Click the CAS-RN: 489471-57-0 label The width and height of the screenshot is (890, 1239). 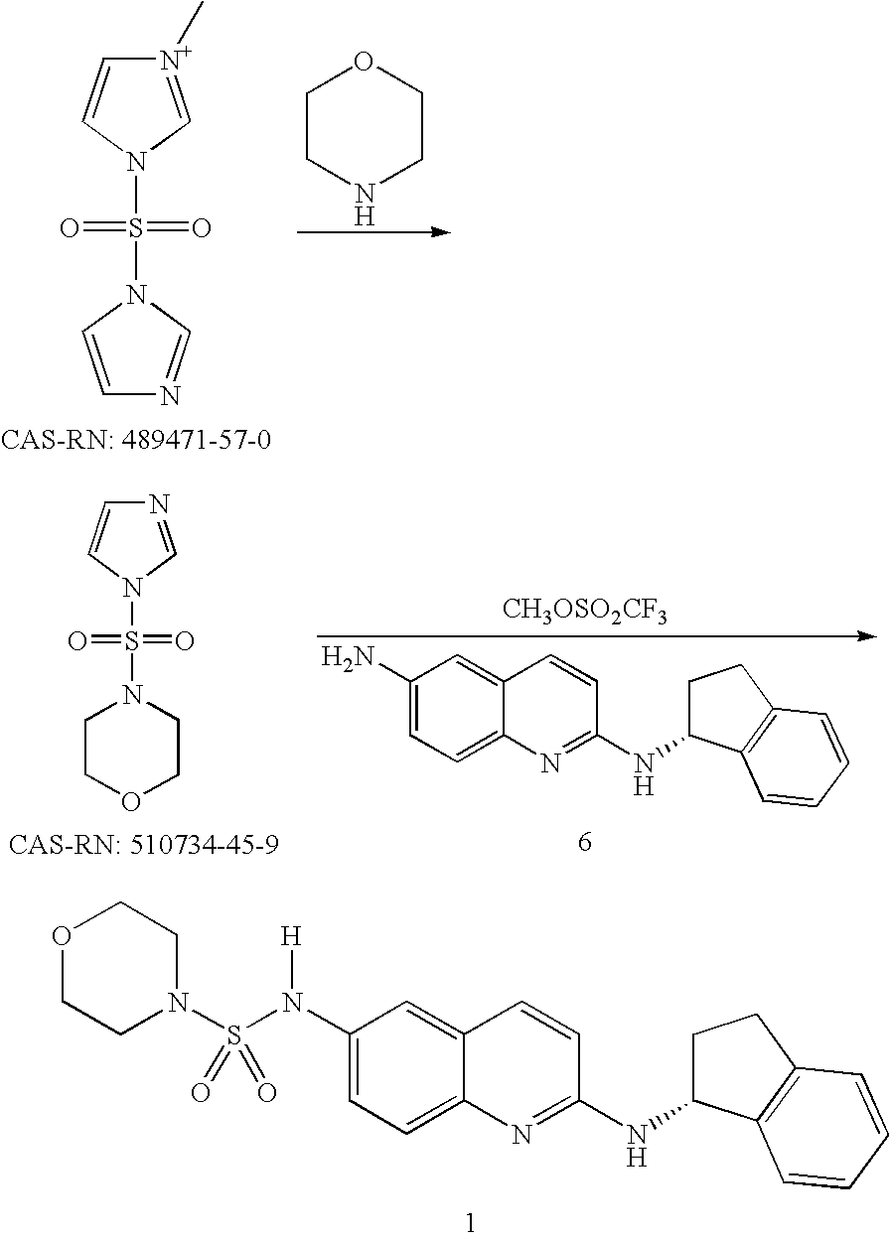point(137,438)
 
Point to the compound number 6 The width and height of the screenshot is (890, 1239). point(584,843)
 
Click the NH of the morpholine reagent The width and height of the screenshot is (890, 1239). point(364,204)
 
